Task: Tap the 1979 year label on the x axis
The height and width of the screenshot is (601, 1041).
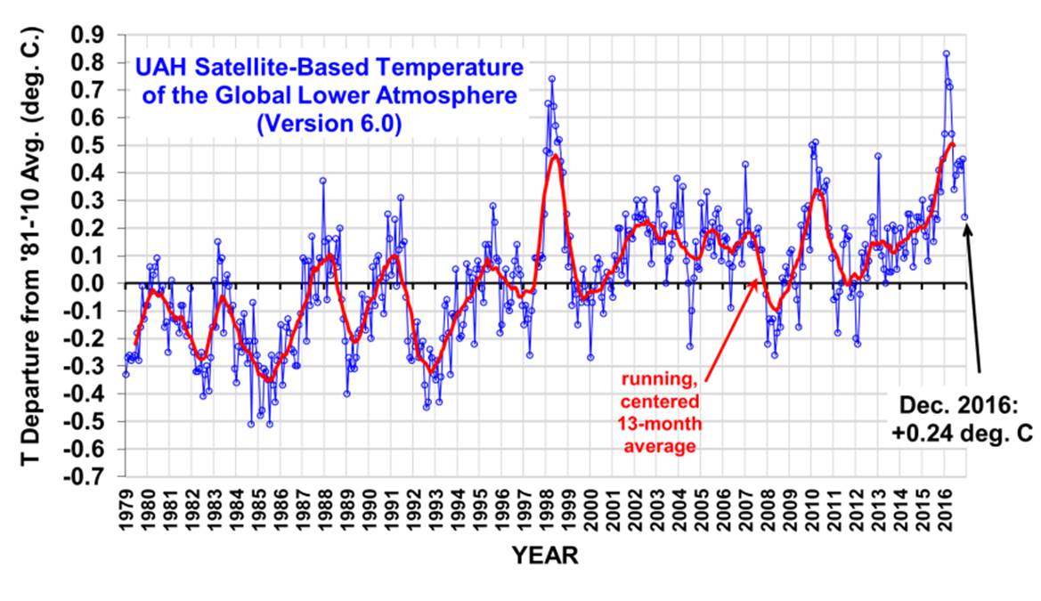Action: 126,507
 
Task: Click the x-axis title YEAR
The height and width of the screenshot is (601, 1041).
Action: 545,556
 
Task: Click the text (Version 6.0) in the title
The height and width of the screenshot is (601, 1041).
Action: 329,126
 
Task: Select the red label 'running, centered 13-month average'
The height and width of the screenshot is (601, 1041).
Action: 658,410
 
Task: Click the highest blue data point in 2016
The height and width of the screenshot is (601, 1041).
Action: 947,53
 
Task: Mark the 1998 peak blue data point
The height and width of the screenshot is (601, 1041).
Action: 552,78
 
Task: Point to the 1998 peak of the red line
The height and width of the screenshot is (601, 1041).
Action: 555,157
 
